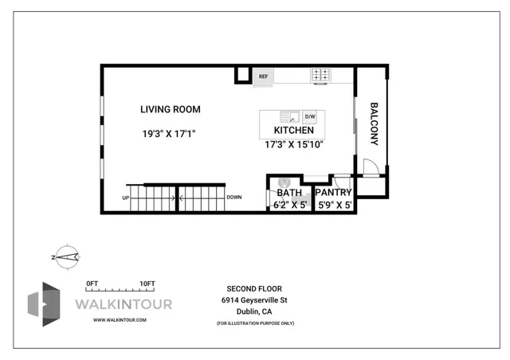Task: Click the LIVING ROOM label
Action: pyautogui.click(x=170, y=109)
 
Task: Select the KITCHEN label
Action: pyautogui.click(x=294, y=131)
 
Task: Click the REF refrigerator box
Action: pyautogui.click(x=263, y=76)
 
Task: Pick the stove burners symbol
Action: pyautogui.click(x=321, y=76)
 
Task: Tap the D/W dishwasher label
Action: pyautogui.click(x=310, y=117)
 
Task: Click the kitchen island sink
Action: pyautogui.click(x=292, y=117)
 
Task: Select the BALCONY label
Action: pyautogui.click(x=372, y=123)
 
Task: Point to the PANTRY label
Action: pyautogui.click(x=334, y=193)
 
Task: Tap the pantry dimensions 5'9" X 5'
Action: pyautogui.click(x=334, y=205)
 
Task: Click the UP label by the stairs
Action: pyautogui.click(x=125, y=198)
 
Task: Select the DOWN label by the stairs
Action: pyautogui.click(x=234, y=198)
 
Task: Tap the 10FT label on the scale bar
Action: pyautogui.click(x=147, y=283)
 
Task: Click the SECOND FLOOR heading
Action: pyautogui.click(x=254, y=288)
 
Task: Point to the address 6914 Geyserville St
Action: pyautogui.click(x=254, y=300)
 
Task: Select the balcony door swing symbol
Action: pyautogui.click(x=367, y=167)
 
